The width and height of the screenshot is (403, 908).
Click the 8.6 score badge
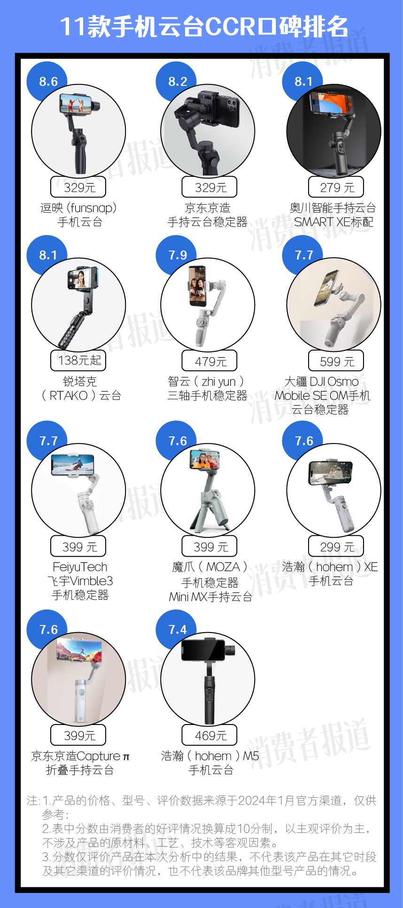point(48,81)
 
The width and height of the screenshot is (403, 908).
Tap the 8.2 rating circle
point(178,81)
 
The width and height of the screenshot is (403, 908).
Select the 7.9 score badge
point(178,255)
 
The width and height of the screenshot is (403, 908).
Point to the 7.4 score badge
point(178,629)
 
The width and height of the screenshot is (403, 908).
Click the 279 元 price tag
point(336,187)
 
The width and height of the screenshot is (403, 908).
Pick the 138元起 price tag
point(78,360)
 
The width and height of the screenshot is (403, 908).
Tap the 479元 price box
point(209,361)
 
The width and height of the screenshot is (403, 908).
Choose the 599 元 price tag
point(336,361)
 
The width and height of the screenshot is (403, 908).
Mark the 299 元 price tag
point(336,547)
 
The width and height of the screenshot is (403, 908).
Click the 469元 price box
point(209,735)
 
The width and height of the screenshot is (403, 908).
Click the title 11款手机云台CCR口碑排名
point(204,27)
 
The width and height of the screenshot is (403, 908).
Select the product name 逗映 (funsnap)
point(78,208)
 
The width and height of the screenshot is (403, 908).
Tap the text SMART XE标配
point(333,222)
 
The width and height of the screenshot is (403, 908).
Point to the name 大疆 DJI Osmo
point(322,382)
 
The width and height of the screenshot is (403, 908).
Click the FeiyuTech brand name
point(80,567)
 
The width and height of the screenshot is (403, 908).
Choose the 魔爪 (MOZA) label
point(209,567)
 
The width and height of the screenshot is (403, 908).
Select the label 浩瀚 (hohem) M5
point(209,756)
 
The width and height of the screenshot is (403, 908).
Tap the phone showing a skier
point(73,465)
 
